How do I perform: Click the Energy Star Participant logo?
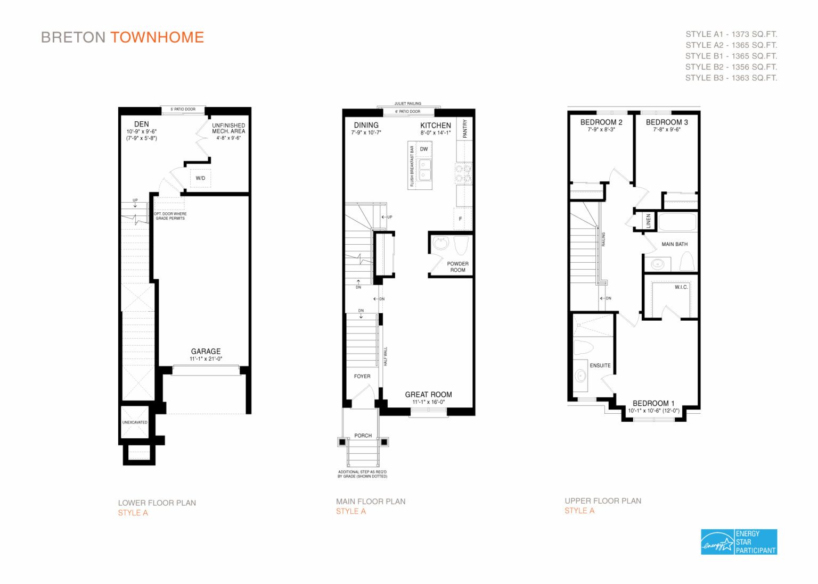tap(739, 542)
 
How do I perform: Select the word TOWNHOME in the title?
tap(157, 37)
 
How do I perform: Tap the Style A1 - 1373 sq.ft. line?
tap(731, 34)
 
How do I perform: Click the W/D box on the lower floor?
tap(200, 178)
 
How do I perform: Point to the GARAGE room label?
tap(206, 352)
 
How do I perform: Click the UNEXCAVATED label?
tap(135, 422)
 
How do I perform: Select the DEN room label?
tap(142, 124)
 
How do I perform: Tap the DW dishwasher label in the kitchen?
tap(424, 149)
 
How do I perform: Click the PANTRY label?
tap(465, 129)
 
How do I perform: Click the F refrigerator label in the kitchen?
tap(461, 219)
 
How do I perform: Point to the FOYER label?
tap(362, 376)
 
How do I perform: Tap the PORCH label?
tap(363, 436)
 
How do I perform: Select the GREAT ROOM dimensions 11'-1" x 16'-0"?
tap(429, 402)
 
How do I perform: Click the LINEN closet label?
tap(648, 220)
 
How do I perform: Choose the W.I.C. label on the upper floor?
tap(681, 287)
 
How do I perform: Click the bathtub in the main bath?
tap(677, 222)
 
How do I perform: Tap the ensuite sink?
tap(580, 376)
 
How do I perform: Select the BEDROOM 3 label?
tap(667, 122)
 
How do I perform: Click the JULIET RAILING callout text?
tap(407, 104)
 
